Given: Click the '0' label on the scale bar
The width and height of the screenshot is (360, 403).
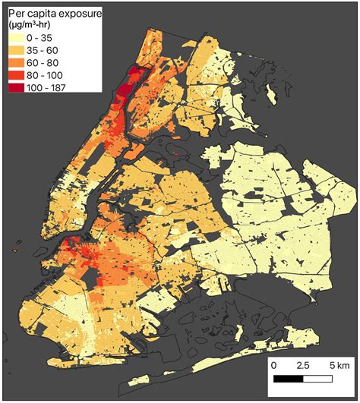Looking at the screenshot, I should tap(273, 366).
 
